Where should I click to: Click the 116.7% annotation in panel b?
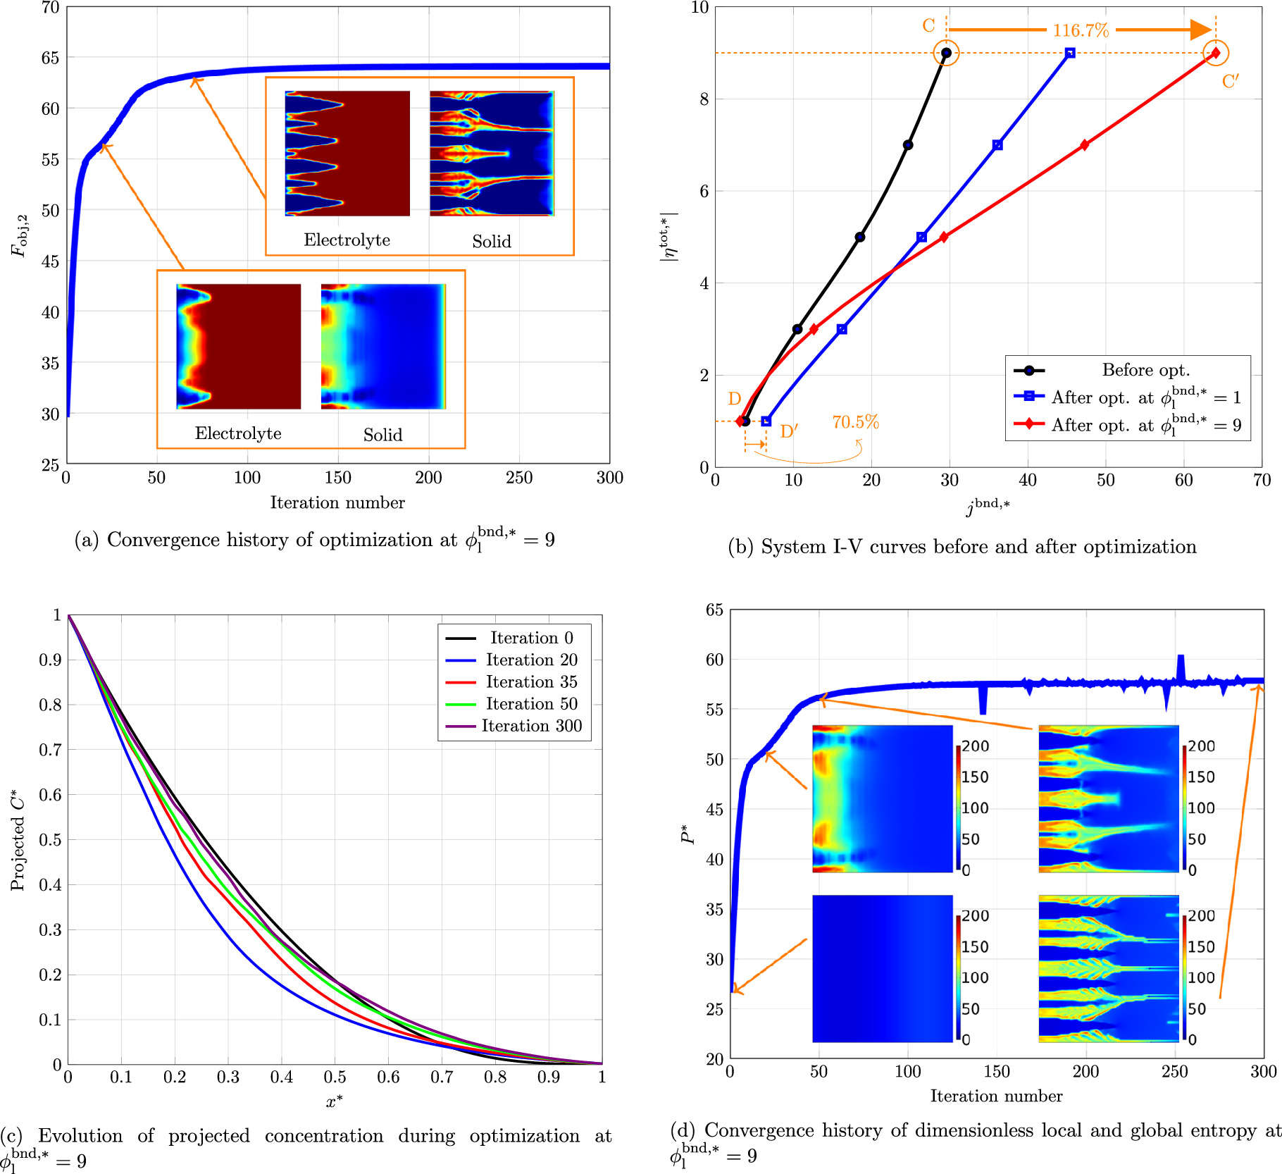[1080, 30]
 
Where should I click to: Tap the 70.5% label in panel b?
[855, 422]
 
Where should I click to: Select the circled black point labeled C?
[946, 53]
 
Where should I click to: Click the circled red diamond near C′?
[1216, 53]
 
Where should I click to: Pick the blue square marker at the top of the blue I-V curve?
[1070, 53]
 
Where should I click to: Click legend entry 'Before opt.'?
[1145, 370]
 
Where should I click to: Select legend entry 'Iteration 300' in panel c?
[531, 726]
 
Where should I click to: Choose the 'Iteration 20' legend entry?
[531, 660]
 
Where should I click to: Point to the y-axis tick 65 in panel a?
[50, 58]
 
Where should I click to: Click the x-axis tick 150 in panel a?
[337, 478]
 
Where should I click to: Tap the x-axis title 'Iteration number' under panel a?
[337, 502]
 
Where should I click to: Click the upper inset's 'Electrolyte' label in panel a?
[347, 240]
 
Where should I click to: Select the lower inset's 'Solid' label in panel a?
[382, 435]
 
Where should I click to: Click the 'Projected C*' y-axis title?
[18, 839]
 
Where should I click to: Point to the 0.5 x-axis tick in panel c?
[335, 1077]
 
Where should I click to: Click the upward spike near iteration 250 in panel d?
[1181, 664]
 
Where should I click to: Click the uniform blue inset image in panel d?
[882, 968]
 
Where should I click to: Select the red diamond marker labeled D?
[740, 421]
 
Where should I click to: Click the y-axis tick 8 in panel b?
[704, 99]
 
